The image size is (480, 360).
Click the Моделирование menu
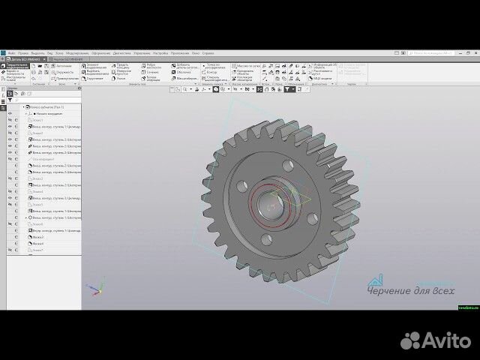point(77,54)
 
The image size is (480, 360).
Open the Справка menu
point(208,54)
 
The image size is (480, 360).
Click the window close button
point(475,54)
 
